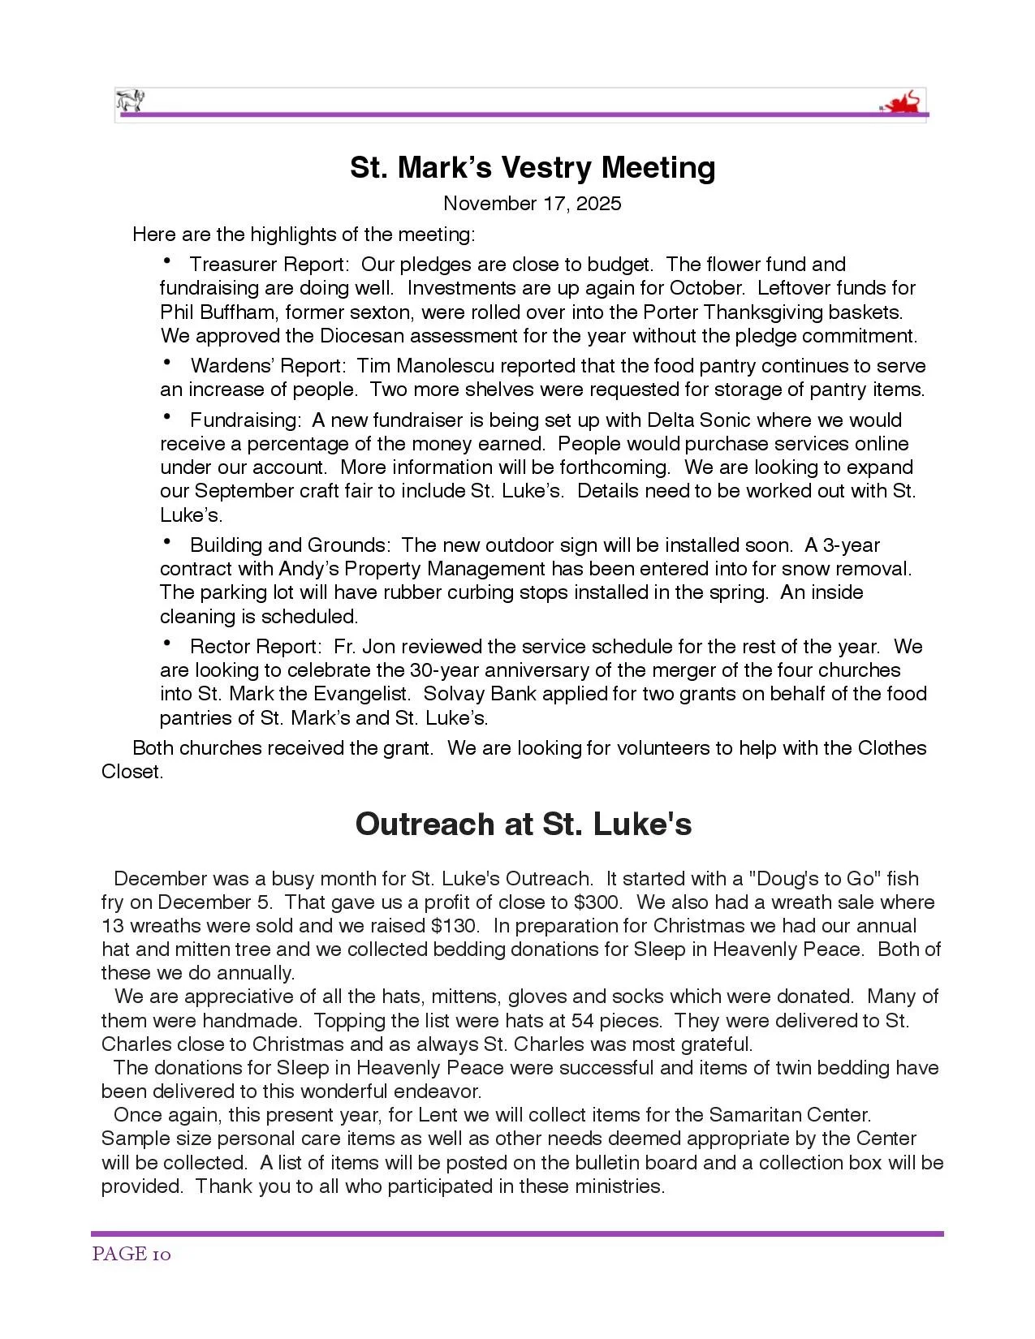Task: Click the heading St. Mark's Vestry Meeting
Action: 533,167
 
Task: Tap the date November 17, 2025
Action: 533,203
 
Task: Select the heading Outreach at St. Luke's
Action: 524,824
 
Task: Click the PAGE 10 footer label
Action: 132,1254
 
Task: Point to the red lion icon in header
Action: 904,103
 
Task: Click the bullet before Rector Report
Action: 167,644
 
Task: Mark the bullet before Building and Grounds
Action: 167,543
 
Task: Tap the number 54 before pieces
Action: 583,1020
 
